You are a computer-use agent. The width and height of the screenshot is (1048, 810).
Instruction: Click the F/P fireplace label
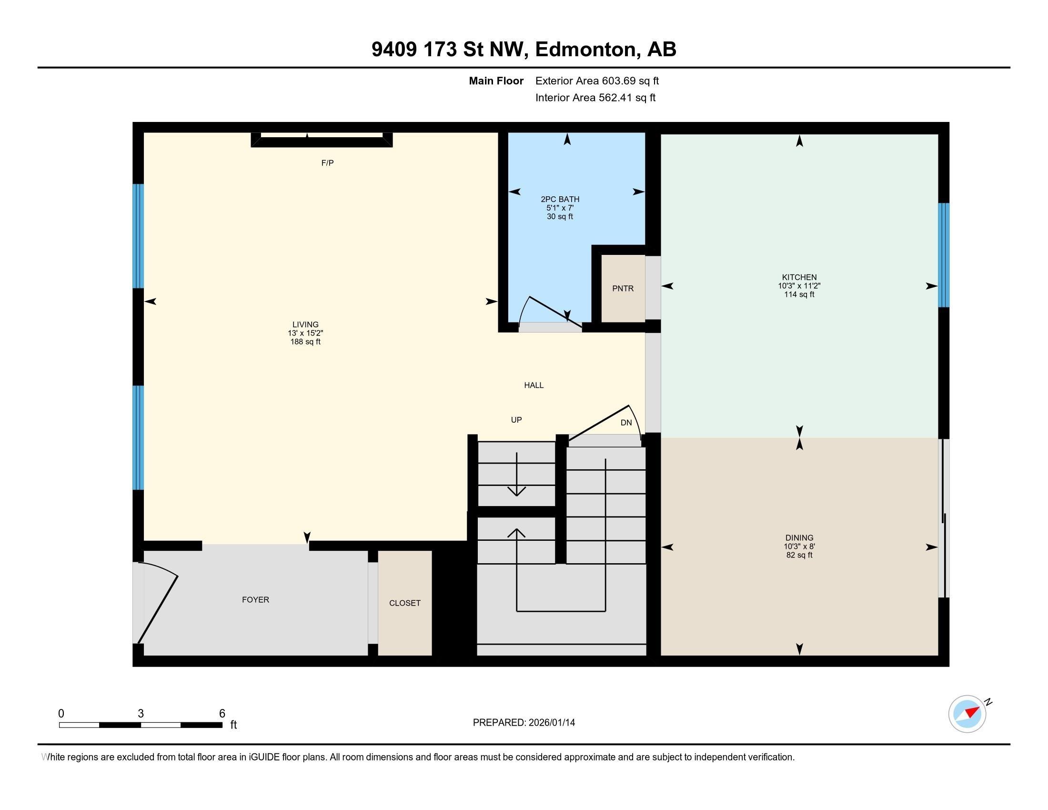(x=327, y=163)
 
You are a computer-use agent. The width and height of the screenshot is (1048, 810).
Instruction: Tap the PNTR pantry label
(x=623, y=288)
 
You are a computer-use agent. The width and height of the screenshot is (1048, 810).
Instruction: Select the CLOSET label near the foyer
(x=404, y=603)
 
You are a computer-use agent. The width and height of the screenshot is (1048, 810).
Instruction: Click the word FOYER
(x=255, y=600)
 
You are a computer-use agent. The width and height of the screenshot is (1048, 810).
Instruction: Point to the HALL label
(x=534, y=385)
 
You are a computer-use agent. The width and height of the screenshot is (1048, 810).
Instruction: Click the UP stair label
(x=516, y=420)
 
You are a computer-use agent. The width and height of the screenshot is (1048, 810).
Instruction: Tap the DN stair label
(x=626, y=423)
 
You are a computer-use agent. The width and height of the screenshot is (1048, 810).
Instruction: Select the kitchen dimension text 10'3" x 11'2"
(x=799, y=286)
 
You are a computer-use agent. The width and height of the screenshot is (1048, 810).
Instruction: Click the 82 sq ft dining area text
(x=799, y=555)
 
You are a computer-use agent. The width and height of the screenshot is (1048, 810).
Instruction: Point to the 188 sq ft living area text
(x=305, y=342)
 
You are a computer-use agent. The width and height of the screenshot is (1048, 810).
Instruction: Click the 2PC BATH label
(x=560, y=199)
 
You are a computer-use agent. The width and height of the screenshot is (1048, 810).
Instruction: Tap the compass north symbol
(x=967, y=714)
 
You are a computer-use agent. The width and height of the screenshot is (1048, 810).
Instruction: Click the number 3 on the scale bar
(x=141, y=714)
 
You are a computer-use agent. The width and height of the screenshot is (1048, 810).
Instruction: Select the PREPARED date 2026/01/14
(x=551, y=723)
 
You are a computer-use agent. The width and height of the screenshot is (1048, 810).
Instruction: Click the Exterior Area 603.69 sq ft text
(x=597, y=81)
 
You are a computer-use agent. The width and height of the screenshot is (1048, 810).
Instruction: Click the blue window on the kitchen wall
(x=943, y=255)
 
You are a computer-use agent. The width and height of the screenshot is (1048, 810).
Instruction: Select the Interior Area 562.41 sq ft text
(x=595, y=98)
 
